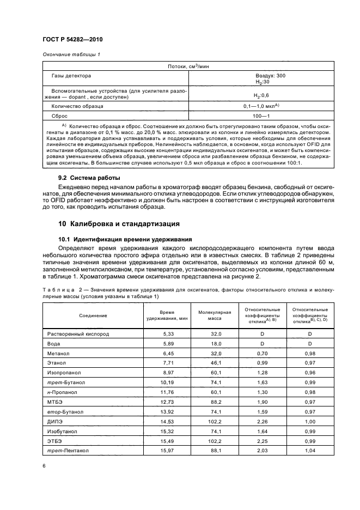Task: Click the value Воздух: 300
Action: point(270,76)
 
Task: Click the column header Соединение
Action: point(93,315)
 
